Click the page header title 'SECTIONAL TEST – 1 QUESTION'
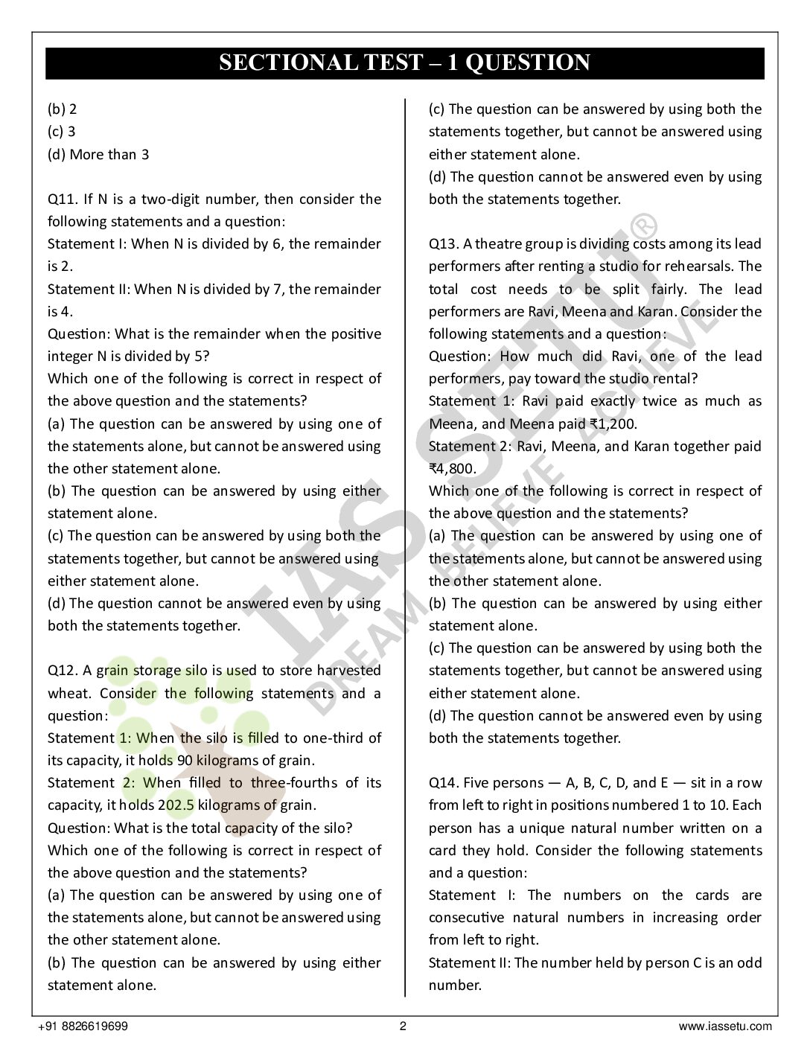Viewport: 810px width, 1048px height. point(404,63)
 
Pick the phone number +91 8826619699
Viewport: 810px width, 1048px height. point(83,1026)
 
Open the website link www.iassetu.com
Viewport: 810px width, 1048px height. point(725,1026)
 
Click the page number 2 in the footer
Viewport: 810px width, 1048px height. point(404,1026)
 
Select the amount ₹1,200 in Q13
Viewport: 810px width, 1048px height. point(610,424)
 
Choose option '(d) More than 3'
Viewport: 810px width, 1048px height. point(98,155)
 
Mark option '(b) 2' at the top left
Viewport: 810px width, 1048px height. point(63,109)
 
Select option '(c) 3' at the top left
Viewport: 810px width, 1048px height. point(62,132)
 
